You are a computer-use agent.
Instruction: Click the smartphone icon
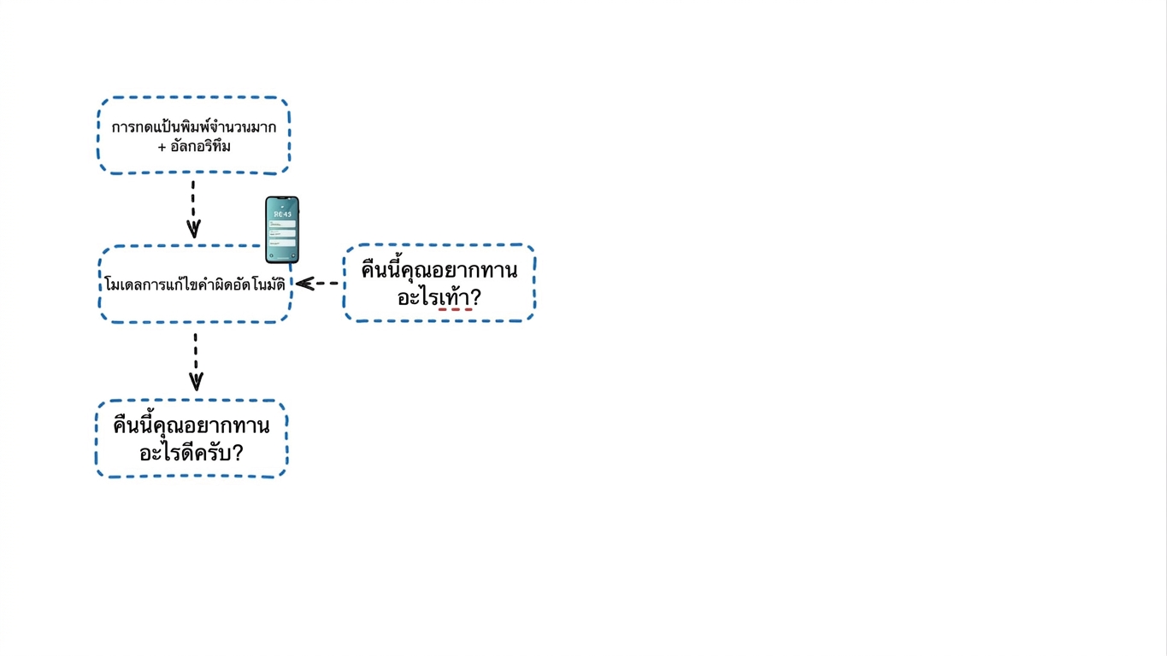[x=282, y=230]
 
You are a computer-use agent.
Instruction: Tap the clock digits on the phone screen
[x=282, y=214]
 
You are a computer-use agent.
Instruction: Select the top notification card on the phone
[x=282, y=224]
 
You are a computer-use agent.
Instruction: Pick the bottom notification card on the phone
[x=282, y=243]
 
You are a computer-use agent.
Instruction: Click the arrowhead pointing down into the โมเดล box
[x=194, y=229]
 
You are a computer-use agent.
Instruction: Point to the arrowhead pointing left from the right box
[x=305, y=284]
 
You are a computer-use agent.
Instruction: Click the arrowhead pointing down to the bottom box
[x=196, y=382]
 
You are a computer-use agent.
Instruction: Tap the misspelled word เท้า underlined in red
[x=455, y=296]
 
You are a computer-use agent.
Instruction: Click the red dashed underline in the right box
[x=456, y=309]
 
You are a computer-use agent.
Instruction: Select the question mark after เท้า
[x=475, y=297]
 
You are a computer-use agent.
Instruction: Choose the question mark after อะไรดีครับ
[x=238, y=453]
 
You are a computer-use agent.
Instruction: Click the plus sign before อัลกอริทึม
[x=162, y=147]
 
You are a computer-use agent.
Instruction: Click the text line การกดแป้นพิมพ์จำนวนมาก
[x=194, y=127]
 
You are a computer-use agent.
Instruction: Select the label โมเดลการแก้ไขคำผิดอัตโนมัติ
[x=195, y=284]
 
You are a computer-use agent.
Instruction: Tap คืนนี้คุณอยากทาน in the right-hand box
[x=439, y=270]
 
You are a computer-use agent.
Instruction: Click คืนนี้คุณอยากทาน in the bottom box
[x=192, y=425]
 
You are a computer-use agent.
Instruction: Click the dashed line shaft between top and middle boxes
[x=192, y=201]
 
